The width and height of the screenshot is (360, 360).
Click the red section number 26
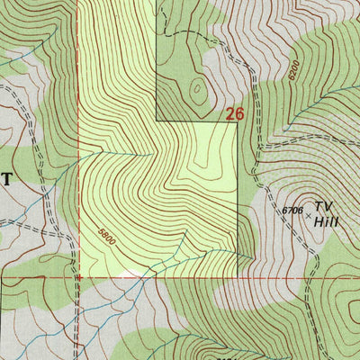(x=235, y=113)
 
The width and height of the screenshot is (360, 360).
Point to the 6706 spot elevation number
(x=290, y=210)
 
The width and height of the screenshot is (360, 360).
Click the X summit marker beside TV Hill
(x=308, y=216)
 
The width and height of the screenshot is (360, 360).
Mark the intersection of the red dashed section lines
(x=78, y=277)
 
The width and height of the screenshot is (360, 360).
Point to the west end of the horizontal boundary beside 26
(x=157, y=121)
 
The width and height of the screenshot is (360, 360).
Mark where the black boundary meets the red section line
(x=237, y=276)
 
